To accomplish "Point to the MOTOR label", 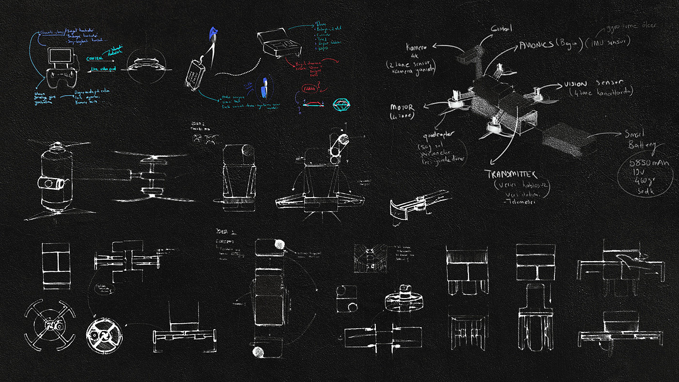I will click(x=401, y=107).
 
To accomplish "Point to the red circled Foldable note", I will click(x=307, y=89).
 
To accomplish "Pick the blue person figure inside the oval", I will click(x=264, y=86).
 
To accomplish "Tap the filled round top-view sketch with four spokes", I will click(x=102, y=335).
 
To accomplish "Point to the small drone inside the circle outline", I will click(x=146, y=64).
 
